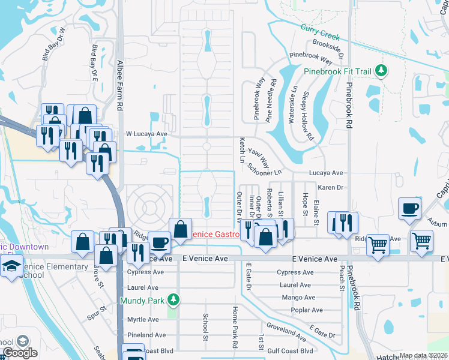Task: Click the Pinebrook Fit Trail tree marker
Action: click(x=381, y=71)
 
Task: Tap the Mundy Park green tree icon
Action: click(x=173, y=299)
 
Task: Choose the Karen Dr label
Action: click(x=330, y=187)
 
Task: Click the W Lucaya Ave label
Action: click(x=146, y=134)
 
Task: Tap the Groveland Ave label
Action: click(x=286, y=328)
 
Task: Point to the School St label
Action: click(x=205, y=327)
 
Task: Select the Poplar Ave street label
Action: click(x=307, y=310)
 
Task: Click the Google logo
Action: click(x=20, y=353)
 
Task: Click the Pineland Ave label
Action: click(x=146, y=335)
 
